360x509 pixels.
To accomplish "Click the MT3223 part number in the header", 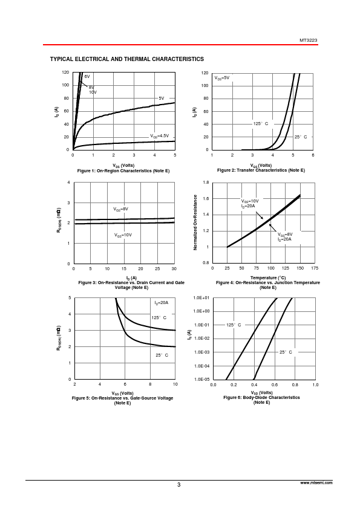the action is coord(309,41).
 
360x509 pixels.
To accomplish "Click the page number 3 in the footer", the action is coord(178,485).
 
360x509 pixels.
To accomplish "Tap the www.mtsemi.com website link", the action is coord(316,483).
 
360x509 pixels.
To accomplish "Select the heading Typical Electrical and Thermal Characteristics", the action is coord(127,59).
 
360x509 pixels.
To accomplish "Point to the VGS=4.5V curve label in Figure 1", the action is coord(160,136).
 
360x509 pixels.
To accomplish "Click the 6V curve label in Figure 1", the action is coord(87,77).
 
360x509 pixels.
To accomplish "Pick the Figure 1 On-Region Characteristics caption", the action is coord(123,170).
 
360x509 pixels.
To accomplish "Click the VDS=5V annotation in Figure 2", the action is coord(221,78).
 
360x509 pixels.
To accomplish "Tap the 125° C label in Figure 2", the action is coord(261,124).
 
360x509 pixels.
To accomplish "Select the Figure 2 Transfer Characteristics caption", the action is coord(261,170).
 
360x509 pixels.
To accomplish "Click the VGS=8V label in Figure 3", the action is coord(121,209).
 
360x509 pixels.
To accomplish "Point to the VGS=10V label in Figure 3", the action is coord(123,235).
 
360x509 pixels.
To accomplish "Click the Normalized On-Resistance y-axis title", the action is coord(195,222).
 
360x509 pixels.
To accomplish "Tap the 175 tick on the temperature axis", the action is coord(315,268).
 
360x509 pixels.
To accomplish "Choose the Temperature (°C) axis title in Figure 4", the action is coord(268,278).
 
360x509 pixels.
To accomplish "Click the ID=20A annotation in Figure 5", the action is coord(161,303).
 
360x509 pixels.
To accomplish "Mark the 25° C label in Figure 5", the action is coord(162,355).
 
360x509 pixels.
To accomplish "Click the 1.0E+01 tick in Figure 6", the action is coord(201,297).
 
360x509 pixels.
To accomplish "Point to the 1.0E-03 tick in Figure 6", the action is coord(201,352).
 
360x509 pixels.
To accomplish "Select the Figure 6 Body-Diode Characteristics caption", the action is coord(261,397).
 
